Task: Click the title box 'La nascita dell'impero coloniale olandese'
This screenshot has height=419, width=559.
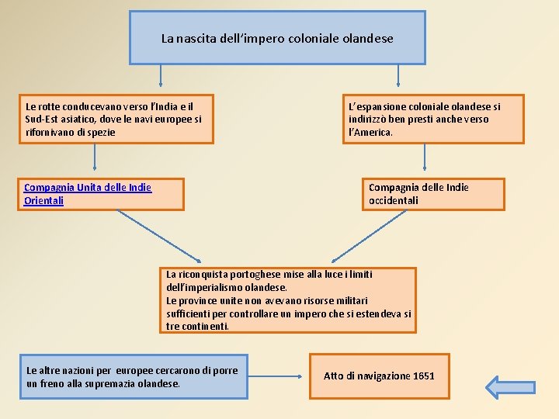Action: pos(277,37)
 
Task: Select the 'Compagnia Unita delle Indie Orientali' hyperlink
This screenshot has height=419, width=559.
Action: pos(88,194)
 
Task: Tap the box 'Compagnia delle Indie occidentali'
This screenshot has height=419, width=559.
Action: pos(436,194)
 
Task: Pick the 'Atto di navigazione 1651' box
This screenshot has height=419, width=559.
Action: pos(379,376)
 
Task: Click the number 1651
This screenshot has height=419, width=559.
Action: pos(424,376)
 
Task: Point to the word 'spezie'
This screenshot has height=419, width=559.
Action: pos(99,133)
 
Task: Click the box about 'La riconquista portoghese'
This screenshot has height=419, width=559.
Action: pos(289,300)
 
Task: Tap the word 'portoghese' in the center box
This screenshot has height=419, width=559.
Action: pos(236,274)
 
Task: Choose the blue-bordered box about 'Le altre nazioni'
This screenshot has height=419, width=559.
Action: pos(134,377)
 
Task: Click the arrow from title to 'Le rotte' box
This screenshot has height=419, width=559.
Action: pos(161,76)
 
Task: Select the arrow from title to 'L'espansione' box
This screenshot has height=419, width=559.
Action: pos(398,76)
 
